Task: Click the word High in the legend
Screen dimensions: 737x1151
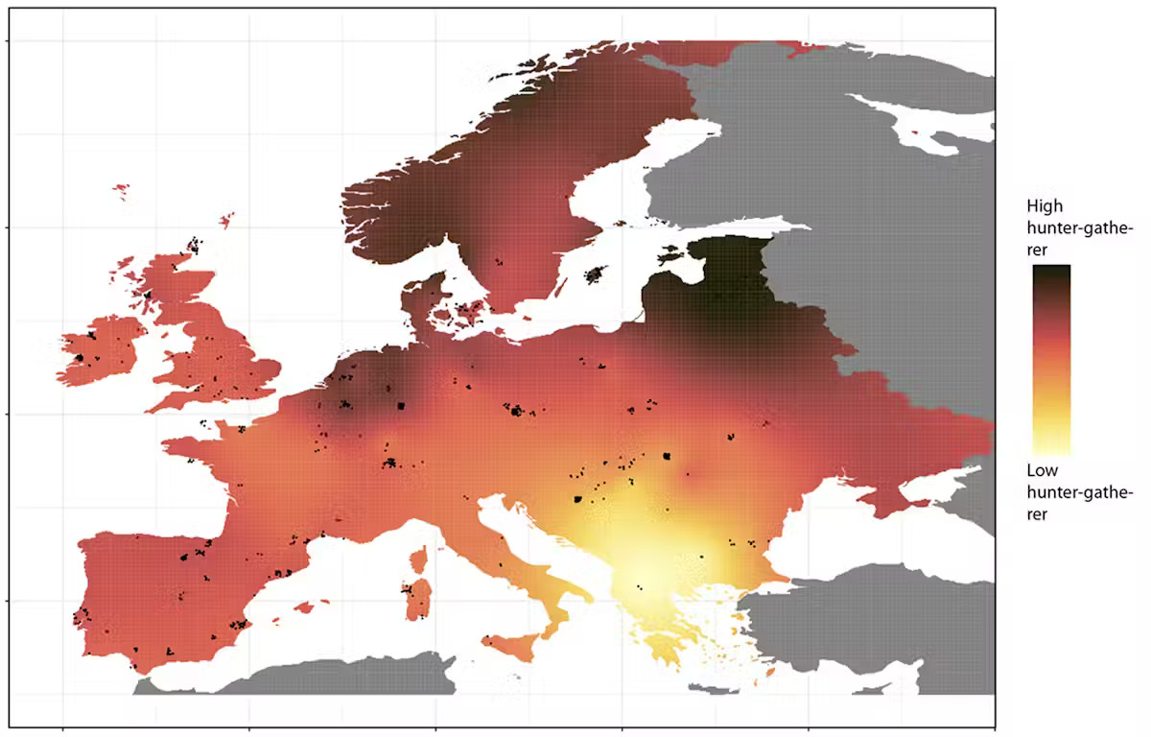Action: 1044,206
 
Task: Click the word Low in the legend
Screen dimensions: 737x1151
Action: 1042,470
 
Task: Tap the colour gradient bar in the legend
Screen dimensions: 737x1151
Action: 1050,359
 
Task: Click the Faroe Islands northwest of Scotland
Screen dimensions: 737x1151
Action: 121,192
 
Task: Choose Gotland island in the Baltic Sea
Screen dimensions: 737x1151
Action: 597,274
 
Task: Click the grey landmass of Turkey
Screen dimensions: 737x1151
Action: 863,614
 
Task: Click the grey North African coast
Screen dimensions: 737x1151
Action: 307,678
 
